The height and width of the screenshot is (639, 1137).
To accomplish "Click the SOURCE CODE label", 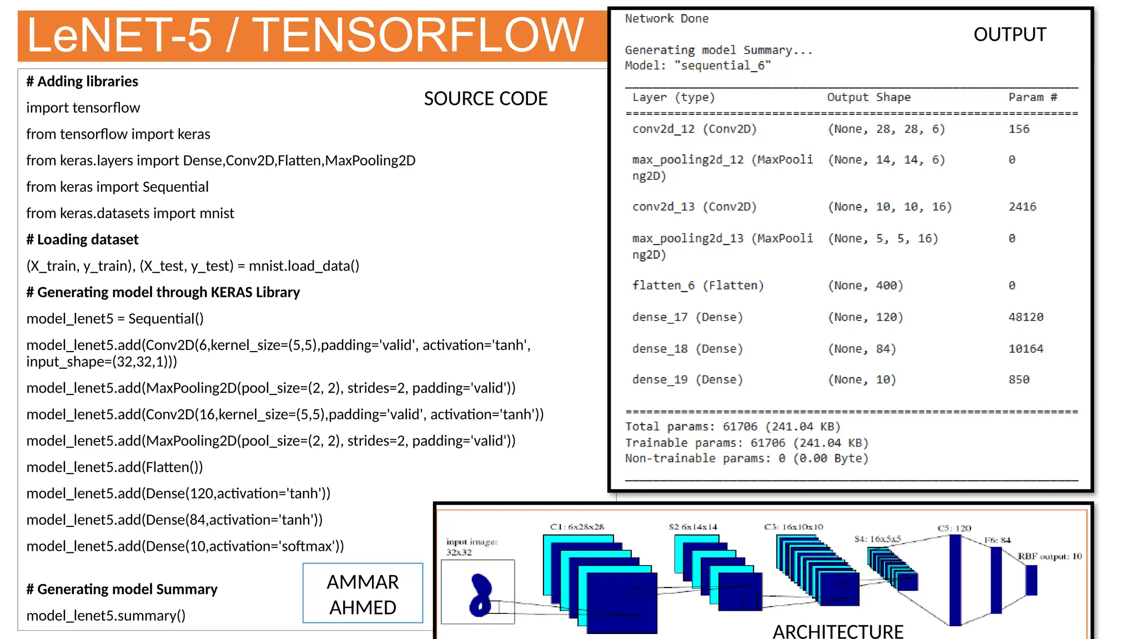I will pyautogui.click(x=485, y=99).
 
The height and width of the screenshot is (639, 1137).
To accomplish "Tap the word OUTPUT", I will pyautogui.click(x=1009, y=34).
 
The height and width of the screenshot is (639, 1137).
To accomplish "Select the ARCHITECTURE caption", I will pyautogui.click(x=838, y=631).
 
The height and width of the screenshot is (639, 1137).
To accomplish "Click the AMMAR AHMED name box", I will pyautogui.click(x=363, y=594).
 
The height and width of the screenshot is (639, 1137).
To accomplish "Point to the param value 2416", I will pyautogui.click(x=1022, y=207).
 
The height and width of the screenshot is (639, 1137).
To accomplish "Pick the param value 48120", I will pyautogui.click(x=1025, y=317).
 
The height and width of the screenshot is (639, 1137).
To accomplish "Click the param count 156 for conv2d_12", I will pyautogui.click(x=1019, y=129).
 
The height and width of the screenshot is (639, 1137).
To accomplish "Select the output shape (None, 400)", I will pyautogui.click(x=866, y=286).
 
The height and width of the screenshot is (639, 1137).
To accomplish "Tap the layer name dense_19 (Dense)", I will pyautogui.click(x=687, y=380).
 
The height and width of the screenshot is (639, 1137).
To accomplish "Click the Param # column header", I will pyautogui.click(x=1033, y=98).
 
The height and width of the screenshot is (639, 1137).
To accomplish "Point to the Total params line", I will pyautogui.click(x=733, y=427).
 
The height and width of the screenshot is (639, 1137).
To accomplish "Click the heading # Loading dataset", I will pyautogui.click(x=82, y=240).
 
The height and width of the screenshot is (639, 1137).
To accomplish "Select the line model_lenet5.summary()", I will pyautogui.click(x=105, y=616).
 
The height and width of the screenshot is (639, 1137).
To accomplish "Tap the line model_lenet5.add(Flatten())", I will pyautogui.click(x=114, y=467).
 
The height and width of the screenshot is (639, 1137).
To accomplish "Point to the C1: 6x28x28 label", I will pyautogui.click(x=577, y=527).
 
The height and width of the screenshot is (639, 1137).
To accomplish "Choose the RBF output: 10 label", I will pyautogui.click(x=1049, y=556).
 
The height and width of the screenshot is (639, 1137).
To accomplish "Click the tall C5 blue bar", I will pyautogui.click(x=955, y=580).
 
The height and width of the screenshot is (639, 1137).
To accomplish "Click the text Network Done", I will pyautogui.click(x=666, y=19).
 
